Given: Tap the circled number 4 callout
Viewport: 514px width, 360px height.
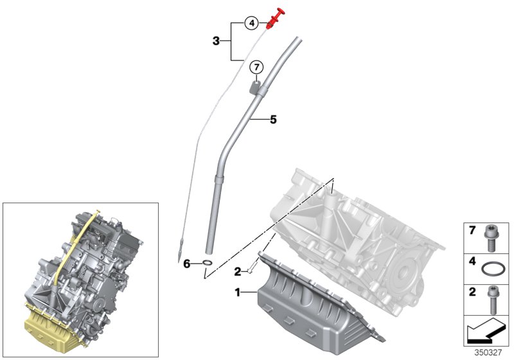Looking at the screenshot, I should coord(253,24).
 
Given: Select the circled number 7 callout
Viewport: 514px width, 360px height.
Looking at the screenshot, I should coord(256,67).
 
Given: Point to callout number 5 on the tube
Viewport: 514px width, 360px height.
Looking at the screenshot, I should coord(273,120).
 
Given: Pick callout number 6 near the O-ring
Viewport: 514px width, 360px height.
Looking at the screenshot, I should coord(187,264).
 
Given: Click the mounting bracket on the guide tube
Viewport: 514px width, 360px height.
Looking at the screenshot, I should coord(256,86).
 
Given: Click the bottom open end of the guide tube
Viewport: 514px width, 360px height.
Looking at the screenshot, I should coord(209,253).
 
